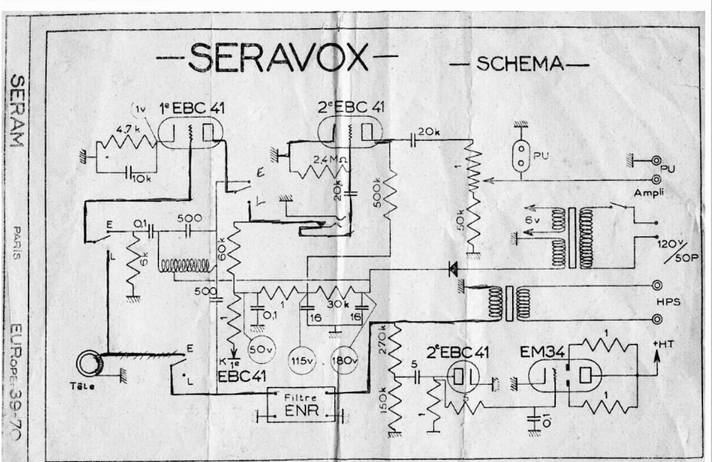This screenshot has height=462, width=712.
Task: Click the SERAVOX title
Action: tap(279, 58)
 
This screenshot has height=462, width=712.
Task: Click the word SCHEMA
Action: tap(520, 63)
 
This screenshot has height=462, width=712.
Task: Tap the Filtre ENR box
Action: tap(301, 405)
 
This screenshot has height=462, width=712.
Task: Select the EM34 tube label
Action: tap(542, 352)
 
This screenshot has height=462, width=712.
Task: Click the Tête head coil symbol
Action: tap(90, 363)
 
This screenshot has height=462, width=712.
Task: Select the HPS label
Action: tap(667, 302)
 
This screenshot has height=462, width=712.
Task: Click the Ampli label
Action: tap(647, 193)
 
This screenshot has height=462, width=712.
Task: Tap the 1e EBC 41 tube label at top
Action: tap(182, 108)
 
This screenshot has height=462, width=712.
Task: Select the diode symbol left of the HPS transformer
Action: tap(453, 270)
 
